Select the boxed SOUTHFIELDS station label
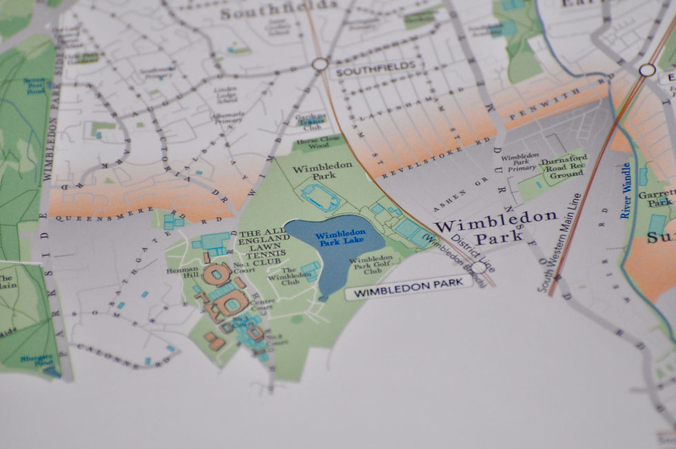(376, 67)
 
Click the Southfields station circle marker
(319, 64)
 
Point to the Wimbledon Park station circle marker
(478, 267)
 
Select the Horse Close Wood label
(316, 143)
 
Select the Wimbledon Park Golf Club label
(372, 265)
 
